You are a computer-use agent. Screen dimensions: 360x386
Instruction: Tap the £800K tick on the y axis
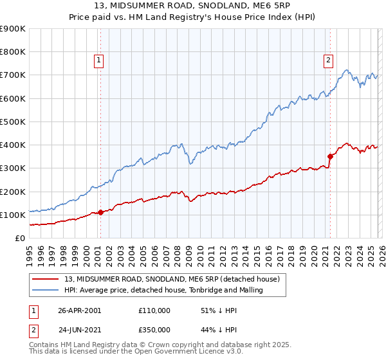[13, 52]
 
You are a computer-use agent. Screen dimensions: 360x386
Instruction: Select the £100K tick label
[13, 215]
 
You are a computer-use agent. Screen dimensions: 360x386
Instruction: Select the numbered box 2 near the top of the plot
[328, 60]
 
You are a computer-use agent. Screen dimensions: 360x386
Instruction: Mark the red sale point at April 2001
[100, 212]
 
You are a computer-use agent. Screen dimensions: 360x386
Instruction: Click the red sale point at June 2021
[330, 156]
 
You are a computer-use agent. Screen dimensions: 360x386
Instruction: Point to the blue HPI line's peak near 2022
[346, 69]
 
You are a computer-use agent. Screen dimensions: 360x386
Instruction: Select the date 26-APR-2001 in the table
[80, 310]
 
